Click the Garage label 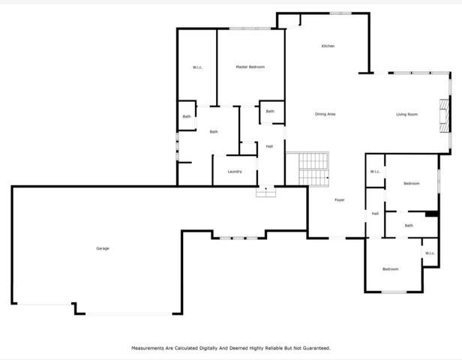coord(102,248)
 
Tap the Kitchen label coord(328,46)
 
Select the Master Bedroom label coord(250,67)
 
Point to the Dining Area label coord(325,114)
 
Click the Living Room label coord(406,115)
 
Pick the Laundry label coord(235,172)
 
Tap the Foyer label coord(339,200)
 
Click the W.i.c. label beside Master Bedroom coord(198,68)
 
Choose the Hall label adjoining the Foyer coord(374,214)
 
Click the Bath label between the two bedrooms coord(409,226)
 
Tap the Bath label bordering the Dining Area coord(270,112)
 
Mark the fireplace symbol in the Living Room coord(445,114)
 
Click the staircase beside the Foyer coord(313,169)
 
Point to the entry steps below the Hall coord(266,192)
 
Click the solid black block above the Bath coord(431,214)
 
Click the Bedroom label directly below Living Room coord(412,184)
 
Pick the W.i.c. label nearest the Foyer coord(375,172)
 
